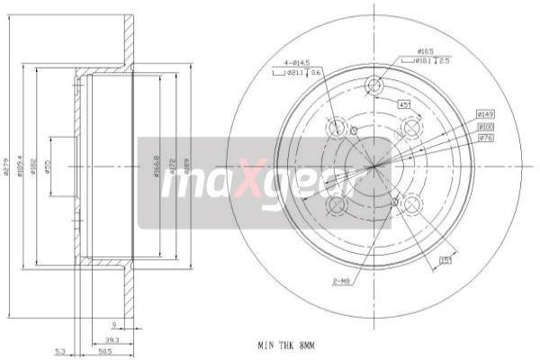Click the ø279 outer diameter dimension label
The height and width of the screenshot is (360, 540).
[8, 166]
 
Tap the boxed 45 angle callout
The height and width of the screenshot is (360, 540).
[405, 104]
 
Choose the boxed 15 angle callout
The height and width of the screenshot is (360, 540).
[445, 261]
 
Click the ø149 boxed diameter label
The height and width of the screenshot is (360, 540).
[485, 114]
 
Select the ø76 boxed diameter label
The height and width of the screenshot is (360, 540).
[485, 138]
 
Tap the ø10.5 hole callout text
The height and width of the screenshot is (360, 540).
[426, 51]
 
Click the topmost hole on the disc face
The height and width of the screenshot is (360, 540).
[374, 86]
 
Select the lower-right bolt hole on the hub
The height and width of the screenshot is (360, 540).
[412, 205]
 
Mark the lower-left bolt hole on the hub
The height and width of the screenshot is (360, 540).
[337, 205]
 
